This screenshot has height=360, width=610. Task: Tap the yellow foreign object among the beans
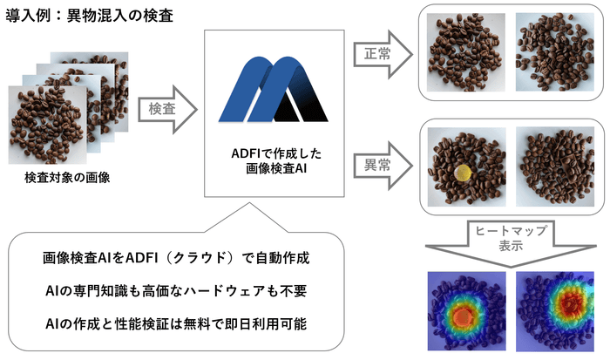point(461,172)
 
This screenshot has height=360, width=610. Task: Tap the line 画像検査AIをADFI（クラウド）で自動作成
point(177,259)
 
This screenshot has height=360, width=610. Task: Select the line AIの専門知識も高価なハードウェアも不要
point(177,291)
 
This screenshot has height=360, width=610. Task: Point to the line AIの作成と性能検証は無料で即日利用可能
point(177,323)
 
